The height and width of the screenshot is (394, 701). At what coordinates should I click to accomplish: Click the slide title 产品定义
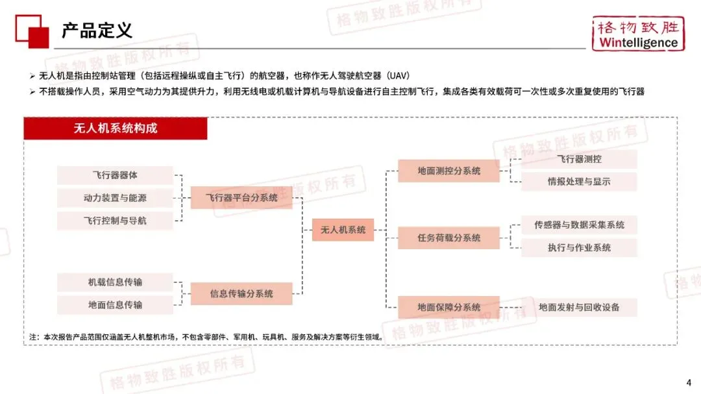click(97, 31)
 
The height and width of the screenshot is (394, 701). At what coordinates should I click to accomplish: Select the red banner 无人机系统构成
click(116, 129)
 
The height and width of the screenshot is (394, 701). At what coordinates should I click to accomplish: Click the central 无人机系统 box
click(343, 230)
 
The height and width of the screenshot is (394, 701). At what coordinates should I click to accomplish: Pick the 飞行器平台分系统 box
click(241, 197)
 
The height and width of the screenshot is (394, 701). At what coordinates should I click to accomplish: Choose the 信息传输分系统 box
click(241, 293)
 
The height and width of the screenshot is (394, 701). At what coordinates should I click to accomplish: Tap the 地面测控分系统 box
click(449, 171)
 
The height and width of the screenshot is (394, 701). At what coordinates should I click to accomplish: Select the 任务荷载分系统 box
click(449, 238)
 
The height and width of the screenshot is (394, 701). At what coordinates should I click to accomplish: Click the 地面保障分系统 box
click(449, 307)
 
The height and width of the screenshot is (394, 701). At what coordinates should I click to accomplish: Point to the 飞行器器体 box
click(115, 175)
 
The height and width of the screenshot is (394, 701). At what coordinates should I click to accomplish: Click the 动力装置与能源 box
click(115, 198)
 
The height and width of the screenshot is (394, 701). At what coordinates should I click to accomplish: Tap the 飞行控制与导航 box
click(115, 221)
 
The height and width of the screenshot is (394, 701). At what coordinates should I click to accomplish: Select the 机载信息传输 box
click(115, 282)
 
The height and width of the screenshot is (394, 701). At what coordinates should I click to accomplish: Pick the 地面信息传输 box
click(115, 304)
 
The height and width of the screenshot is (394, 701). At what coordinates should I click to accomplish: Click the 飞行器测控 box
click(579, 159)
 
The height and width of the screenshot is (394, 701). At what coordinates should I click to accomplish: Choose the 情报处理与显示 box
click(579, 182)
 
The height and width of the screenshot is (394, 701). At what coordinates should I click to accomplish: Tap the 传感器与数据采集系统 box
click(579, 225)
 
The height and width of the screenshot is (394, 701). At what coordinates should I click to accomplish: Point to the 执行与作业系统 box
click(579, 247)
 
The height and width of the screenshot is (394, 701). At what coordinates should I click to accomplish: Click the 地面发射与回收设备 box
click(579, 307)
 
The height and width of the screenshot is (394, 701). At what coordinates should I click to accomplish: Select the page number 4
click(689, 381)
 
